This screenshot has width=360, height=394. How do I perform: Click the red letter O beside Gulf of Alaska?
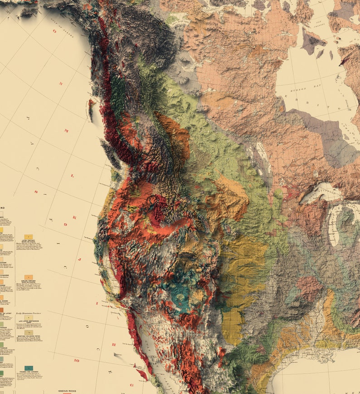(55, 32)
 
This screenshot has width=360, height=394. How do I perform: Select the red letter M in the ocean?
(66, 131)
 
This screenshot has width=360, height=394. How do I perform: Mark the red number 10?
(78, 360)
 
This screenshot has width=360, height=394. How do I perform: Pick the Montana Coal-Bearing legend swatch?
(29, 332)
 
